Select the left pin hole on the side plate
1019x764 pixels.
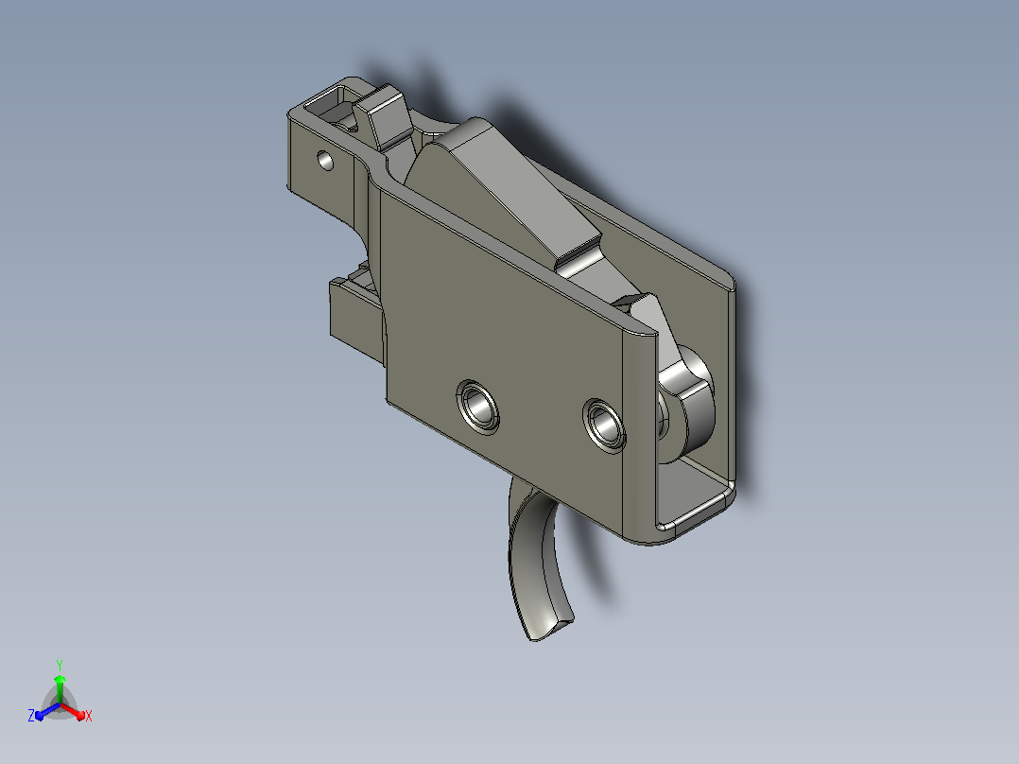[x=478, y=407]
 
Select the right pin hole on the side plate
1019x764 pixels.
[x=604, y=425]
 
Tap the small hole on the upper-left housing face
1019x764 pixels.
[x=325, y=160]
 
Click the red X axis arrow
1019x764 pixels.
[x=74, y=711]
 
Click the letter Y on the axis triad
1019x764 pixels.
[x=60, y=665]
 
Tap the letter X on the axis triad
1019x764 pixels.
[x=89, y=716]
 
